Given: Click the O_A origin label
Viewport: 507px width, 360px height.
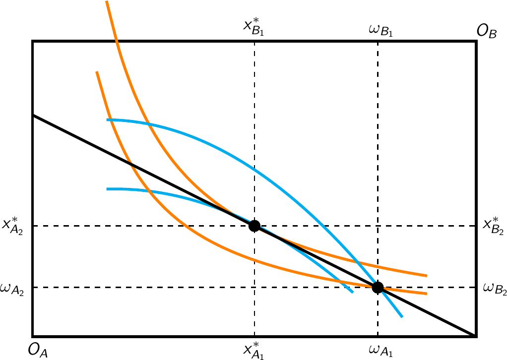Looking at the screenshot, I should pos(38,351).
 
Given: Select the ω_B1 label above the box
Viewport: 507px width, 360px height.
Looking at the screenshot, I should pos(378,32).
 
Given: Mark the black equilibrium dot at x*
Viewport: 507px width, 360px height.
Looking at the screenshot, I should pos(254,226).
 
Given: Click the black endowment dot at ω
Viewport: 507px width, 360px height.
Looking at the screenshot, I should pos(378,287).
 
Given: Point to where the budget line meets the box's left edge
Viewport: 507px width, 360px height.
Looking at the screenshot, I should pos(33,115).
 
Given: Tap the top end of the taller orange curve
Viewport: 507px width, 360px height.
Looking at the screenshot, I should pos(107,1).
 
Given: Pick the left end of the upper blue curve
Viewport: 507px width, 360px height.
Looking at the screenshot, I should pos(107,120).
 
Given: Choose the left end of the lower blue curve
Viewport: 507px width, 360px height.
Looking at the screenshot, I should pos(107,189).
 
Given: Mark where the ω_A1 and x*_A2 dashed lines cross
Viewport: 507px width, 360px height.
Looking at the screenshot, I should pos(378,226).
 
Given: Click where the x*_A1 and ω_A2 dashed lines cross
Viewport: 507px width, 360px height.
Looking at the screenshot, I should pos(254,287).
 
